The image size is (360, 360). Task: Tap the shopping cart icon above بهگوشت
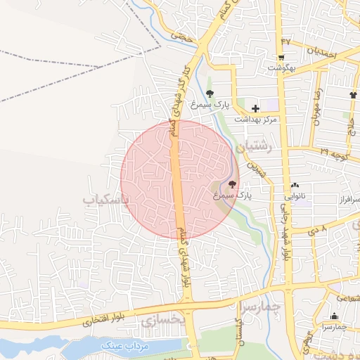point(282,58)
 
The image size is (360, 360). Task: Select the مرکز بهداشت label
point(256,120)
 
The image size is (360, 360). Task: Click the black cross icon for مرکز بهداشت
point(255,109)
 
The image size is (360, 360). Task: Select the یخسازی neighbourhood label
point(162,321)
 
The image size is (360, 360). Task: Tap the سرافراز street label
point(345,200)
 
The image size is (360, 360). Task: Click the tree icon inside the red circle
point(233,184)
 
